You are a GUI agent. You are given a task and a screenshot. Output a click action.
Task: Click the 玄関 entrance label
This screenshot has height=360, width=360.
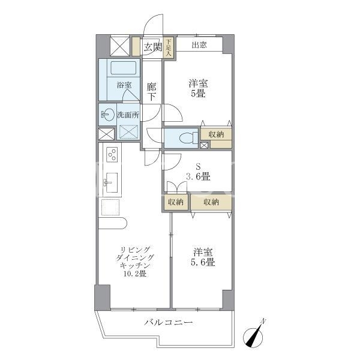[x=152, y=47]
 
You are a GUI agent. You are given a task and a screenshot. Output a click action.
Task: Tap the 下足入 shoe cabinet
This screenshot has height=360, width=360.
[x=169, y=48]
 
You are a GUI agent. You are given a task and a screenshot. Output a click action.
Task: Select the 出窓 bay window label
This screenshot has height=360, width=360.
[x=199, y=45]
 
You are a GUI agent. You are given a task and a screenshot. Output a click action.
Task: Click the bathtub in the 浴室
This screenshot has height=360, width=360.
[x=123, y=68]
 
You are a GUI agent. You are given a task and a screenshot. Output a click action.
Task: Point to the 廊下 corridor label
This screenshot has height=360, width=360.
[x=152, y=92]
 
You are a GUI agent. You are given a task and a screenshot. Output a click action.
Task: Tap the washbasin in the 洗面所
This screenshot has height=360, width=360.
[x=108, y=115]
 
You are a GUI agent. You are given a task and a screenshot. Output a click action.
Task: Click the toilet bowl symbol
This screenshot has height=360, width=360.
[x=188, y=139]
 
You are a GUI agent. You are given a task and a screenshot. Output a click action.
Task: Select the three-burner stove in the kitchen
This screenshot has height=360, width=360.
[x=112, y=155]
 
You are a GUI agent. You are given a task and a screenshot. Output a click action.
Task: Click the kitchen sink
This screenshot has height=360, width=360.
[x=112, y=183]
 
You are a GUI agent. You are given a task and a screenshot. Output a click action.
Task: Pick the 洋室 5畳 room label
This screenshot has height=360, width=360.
[x=198, y=88]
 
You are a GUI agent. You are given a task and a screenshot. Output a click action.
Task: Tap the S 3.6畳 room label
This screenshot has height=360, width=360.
[x=198, y=172]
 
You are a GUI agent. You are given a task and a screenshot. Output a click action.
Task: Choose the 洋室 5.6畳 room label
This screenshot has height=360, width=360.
[x=203, y=257]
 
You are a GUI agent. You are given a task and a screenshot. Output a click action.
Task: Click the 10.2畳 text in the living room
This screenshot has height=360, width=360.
[x=135, y=274]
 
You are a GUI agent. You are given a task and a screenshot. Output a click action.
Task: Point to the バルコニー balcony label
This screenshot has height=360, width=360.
[x=169, y=323]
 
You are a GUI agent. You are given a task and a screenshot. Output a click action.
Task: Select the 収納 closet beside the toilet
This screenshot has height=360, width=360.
[x=216, y=137]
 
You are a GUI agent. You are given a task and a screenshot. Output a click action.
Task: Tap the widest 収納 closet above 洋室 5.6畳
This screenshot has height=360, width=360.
[x=211, y=202]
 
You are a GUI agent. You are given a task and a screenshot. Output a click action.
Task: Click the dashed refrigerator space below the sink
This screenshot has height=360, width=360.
[x=110, y=208]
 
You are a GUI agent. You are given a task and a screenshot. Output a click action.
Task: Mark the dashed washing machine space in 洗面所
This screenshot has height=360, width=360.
[x=128, y=132]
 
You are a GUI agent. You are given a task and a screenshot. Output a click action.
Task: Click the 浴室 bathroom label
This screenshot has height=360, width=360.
[x=124, y=85]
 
